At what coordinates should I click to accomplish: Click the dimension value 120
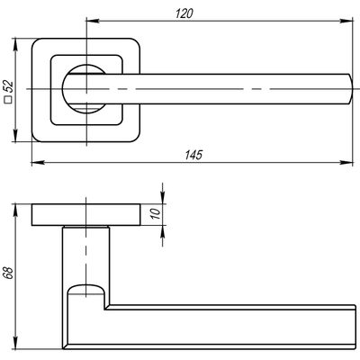pos(184,13)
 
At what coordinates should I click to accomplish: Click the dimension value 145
pos(193,155)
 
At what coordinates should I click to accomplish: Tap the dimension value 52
pos(9,86)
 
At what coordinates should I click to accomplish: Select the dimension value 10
pos(156,213)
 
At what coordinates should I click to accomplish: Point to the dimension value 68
pos(10,273)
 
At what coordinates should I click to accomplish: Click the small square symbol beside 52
pos(9,100)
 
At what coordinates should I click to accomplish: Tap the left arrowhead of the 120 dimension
pos(93,21)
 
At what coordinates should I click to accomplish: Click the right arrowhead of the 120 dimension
pos(346,21)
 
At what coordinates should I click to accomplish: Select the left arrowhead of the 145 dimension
pos(38,162)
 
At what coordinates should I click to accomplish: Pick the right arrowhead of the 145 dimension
pos(346,162)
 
